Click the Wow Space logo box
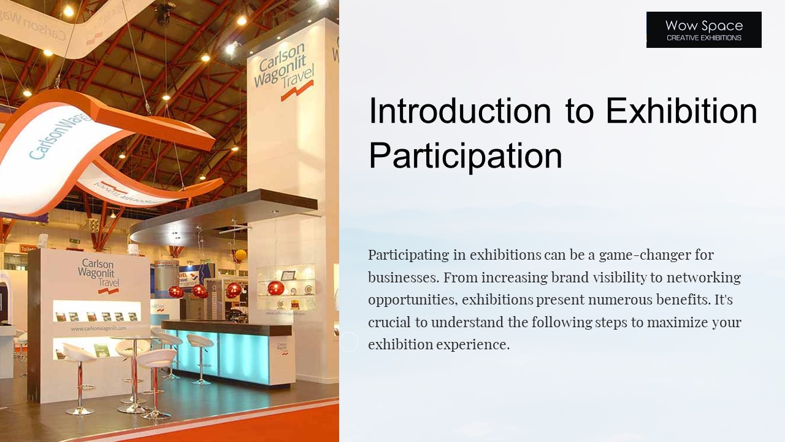703,29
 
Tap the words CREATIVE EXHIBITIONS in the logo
703,38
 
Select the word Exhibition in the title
681,111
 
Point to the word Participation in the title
465,156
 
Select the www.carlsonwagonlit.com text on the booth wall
98,329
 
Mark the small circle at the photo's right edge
348,342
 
